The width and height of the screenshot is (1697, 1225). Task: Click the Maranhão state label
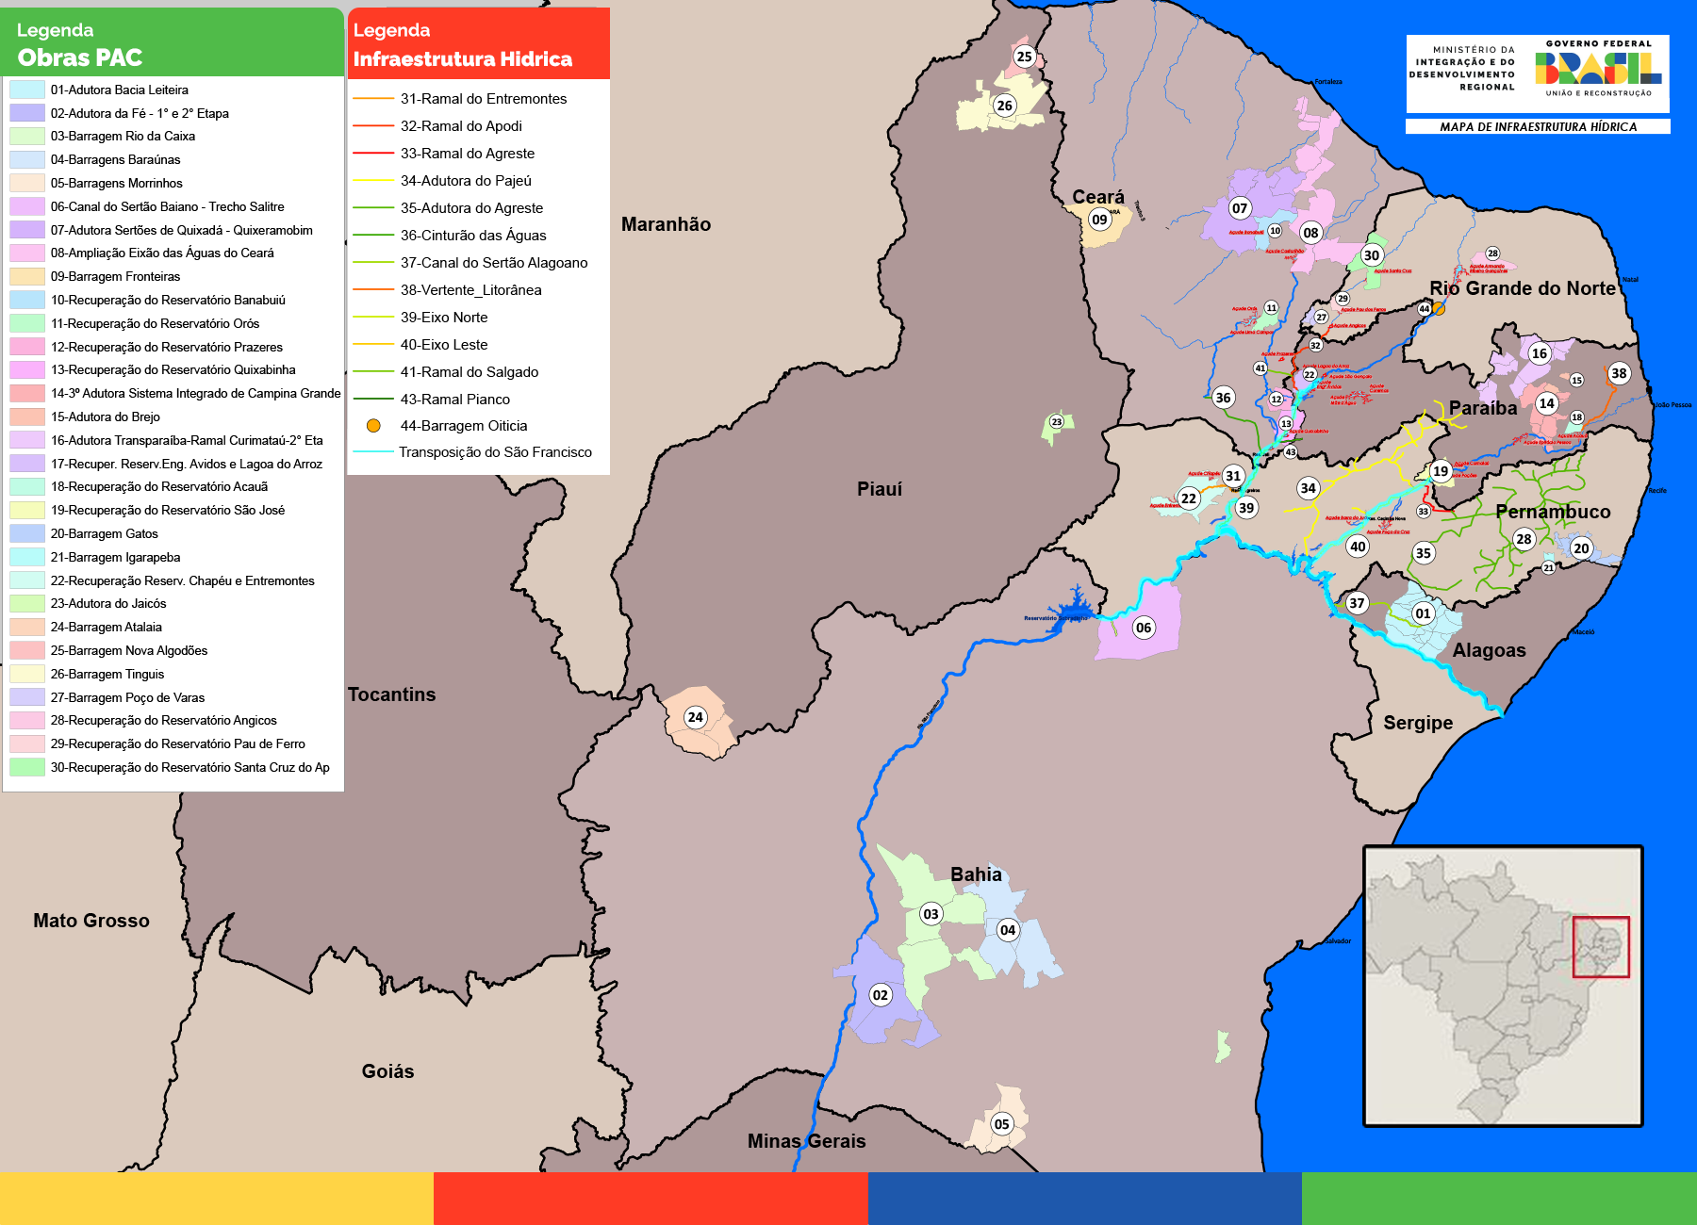tap(666, 224)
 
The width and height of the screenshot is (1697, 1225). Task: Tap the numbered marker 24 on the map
tap(695, 717)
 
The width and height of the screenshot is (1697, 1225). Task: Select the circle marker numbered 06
tap(1143, 628)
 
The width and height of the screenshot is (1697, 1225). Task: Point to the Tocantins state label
tap(391, 694)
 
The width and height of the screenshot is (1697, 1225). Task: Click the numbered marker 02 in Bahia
tap(880, 995)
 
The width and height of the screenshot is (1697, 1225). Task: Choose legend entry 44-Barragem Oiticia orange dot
tap(373, 426)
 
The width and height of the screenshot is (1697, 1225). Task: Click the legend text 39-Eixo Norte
tap(443, 318)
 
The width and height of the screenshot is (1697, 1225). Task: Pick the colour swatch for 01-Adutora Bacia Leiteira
tap(27, 90)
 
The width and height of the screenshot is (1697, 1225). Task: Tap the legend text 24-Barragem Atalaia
tap(106, 627)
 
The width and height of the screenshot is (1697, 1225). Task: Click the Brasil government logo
tap(1597, 68)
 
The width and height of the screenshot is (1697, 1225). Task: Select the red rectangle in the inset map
tap(1600, 946)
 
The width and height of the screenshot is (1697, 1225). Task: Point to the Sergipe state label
tap(1417, 723)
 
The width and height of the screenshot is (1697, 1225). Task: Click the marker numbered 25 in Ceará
tap(1024, 57)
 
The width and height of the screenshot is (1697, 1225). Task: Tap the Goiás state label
tap(387, 1071)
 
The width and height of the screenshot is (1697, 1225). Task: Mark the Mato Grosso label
tap(91, 921)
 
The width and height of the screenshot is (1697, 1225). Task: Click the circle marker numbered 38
tap(1618, 373)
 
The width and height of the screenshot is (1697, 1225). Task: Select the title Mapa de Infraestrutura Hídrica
tap(1538, 126)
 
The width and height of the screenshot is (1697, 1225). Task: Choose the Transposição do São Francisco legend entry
tap(495, 452)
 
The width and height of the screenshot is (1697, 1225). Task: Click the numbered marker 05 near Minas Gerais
tap(1001, 1123)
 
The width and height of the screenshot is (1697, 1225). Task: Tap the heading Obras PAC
tap(79, 57)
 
